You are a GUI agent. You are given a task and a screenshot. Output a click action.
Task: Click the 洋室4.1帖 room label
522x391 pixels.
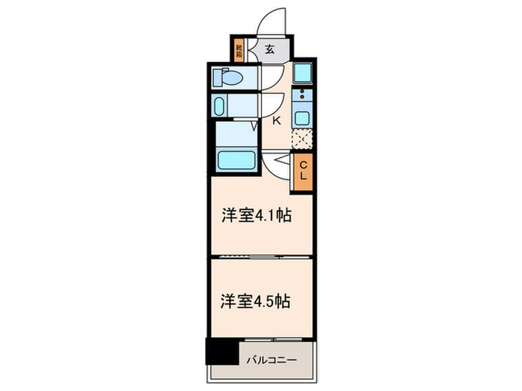255,216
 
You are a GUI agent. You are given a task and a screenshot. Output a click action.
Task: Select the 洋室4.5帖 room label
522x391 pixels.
255,302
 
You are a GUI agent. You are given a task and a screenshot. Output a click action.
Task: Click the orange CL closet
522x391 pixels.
303,172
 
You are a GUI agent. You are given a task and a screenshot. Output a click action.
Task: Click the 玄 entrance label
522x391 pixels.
269,50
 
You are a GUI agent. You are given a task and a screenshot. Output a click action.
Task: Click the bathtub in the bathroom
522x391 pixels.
236,159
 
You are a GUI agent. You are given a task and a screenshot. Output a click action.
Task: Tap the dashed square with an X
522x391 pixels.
301,139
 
